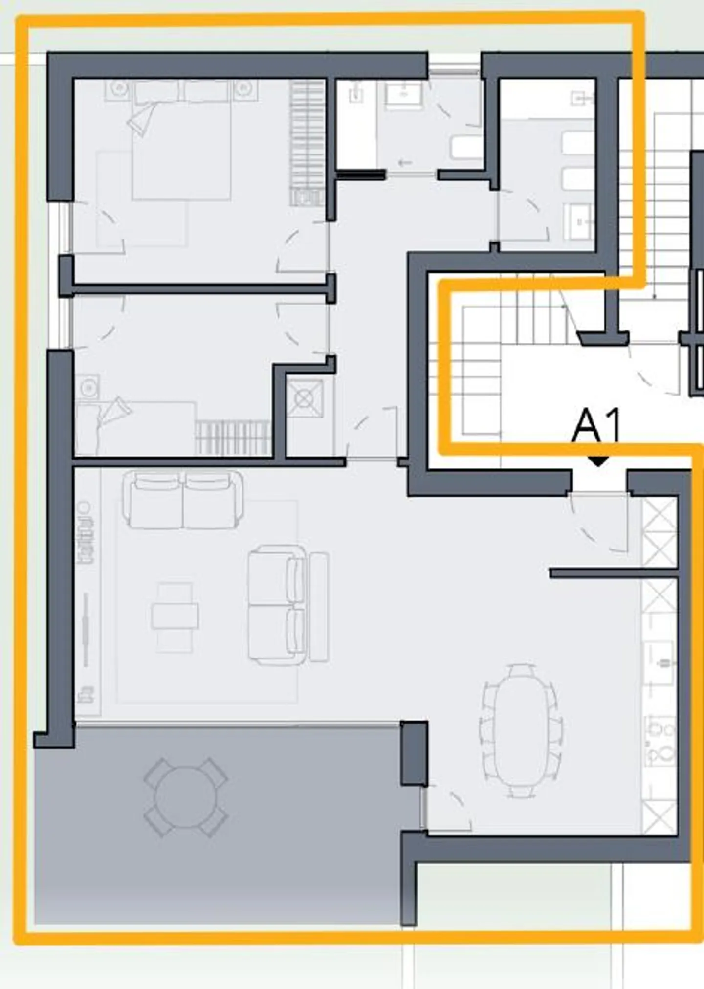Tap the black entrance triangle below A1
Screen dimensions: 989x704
point(598,461)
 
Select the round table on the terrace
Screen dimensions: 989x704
point(185,797)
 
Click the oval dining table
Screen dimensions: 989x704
point(521,731)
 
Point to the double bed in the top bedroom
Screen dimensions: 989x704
point(181,147)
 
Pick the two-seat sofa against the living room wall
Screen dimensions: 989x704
point(182,500)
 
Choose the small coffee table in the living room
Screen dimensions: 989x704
point(175,616)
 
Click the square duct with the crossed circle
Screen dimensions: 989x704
point(305,398)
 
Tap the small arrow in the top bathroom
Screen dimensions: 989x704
point(405,163)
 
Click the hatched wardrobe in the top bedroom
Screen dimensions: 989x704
point(307,142)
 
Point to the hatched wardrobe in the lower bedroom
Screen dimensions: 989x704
point(233,438)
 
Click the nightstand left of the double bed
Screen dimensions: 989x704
point(118,89)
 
